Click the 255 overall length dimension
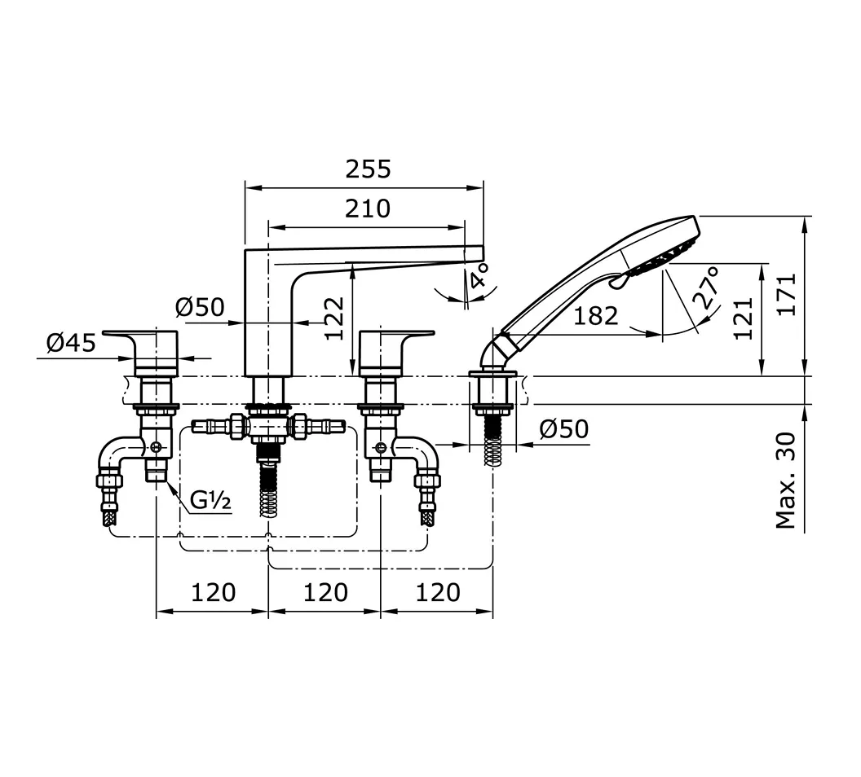(x=368, y=169)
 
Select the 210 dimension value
(x=367, y=209)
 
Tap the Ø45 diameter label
(x=71, y=343)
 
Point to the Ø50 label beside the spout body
(x=200, y=308)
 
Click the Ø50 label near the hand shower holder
(x=563, y=428)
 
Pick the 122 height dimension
(x=334, y=318)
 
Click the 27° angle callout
(x=707, y=286)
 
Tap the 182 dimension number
(x=596, y=316)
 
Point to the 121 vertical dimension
(x=743, y=318)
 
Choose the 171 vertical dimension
(x=786, y=296)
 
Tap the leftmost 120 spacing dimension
(x=213, y=592)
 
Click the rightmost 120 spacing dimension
(x=437, y=592)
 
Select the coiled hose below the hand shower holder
(x=493, y=444)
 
